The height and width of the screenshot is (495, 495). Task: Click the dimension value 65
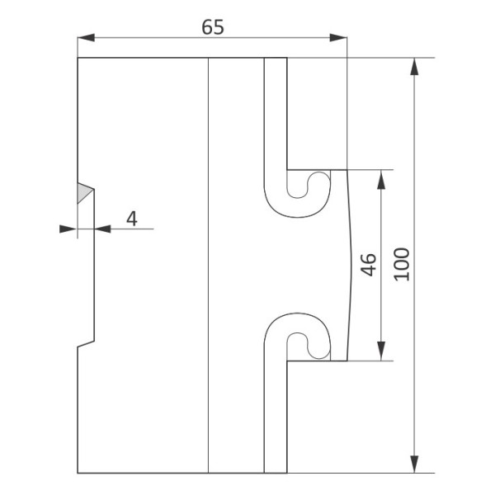pos(213,26)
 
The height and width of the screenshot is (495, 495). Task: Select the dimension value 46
pos(369,265)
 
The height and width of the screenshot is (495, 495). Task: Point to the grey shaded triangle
pos(83,193)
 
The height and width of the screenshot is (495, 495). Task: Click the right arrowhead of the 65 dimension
pos(337,38)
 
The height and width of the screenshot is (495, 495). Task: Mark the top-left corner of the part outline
pos(78,59)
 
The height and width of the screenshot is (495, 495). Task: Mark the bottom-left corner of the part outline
pos(78,473)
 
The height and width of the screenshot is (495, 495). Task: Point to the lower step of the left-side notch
pos(86,344)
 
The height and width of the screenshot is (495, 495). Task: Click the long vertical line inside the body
pos(209,264)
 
